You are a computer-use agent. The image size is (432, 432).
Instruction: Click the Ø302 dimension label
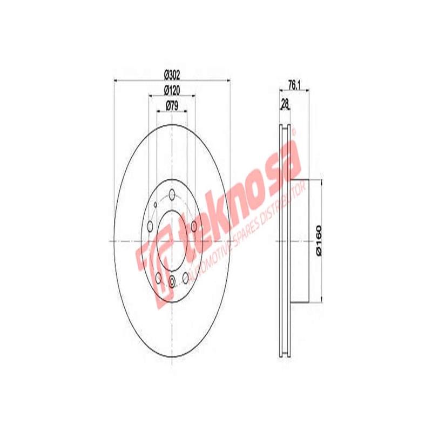tap(172, 75)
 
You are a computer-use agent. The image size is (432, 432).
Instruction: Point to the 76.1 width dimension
tap(293, 85)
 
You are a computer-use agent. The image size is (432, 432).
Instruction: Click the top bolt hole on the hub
tap(172, 195)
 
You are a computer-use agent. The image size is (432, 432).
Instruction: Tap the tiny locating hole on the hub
tap(155, 204)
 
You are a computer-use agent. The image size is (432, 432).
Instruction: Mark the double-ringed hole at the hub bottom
tap(172, 281)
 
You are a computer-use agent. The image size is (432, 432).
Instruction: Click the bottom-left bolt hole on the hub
tap(158, 278)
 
